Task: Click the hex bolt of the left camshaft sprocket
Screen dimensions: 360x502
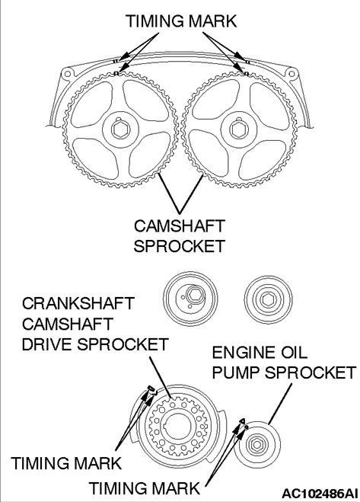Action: (x=120, y=129)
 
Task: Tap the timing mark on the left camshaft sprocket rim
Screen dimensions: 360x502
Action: (x=116, y=74)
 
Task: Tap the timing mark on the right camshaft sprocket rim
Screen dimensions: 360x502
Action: (x=246, y=74)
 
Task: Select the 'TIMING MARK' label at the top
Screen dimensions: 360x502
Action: (x=181, y=21)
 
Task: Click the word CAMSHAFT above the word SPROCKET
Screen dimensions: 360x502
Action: (x=179, y=226)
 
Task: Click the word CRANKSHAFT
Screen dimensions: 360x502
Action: (x=78, y=303)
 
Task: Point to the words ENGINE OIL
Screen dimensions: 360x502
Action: (x=260, y=353)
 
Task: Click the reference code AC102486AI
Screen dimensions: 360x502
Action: (x=320, y=493)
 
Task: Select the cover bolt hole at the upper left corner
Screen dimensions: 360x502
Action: (x=67, y=74)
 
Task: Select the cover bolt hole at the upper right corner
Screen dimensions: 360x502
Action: (x=292, y=75)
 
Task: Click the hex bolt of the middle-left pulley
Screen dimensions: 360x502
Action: (x=193, y=295)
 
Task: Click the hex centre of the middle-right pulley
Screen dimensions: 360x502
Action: (x=268, y=299)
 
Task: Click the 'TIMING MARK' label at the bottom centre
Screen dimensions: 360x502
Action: (x=145, y=488)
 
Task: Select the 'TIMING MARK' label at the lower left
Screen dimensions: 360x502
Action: (x=66, y=463)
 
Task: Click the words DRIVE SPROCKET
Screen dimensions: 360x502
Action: (x=95, y=344)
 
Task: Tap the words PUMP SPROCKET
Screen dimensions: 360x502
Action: (x=284, y=373)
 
